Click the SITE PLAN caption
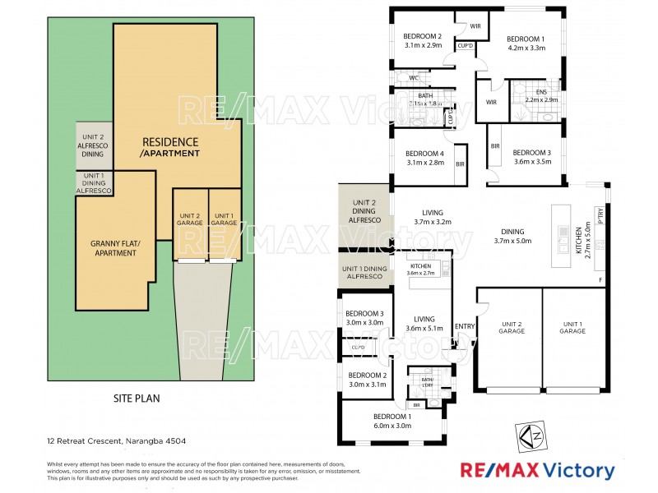click(137, 398)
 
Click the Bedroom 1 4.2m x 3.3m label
click(525, 44)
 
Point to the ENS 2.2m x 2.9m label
click(540, 95)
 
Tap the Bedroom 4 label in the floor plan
click(424, 158)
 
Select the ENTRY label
click(465, 326)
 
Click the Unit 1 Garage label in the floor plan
click(573, 328)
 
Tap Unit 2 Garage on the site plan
click(190, 220)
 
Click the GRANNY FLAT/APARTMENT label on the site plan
click(114, 248)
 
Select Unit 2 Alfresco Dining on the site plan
click(94, 145)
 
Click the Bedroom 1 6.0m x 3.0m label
click(392, 420)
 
